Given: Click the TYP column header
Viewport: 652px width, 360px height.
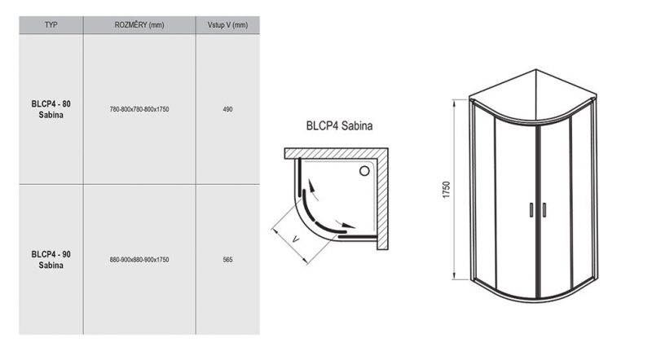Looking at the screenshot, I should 51,25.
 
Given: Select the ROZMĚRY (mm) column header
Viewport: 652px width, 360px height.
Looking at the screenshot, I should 139,25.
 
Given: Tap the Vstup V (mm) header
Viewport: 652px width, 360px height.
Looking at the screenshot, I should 227,25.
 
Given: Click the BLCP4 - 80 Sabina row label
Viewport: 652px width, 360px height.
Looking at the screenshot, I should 51,110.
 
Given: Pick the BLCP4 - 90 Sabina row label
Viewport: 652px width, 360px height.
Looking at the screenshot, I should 51,259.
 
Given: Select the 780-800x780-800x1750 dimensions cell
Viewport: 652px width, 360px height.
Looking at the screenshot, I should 139,109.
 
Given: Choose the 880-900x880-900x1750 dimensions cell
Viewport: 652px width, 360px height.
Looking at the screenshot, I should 139,259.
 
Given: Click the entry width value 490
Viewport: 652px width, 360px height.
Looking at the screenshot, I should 227,109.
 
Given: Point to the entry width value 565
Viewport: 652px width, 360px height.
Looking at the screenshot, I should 227,259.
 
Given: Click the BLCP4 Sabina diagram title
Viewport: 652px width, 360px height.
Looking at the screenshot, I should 340,127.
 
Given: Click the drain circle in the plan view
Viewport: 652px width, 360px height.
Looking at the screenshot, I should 365,171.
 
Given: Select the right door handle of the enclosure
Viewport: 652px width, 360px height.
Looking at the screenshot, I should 540,209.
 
